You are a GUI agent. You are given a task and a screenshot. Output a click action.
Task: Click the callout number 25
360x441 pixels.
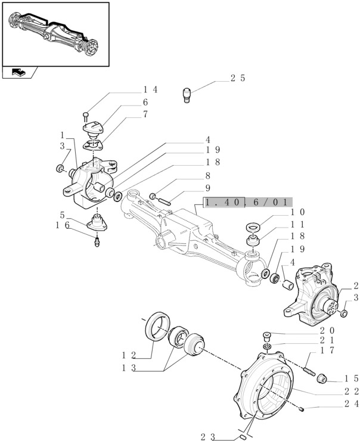pos(237,78)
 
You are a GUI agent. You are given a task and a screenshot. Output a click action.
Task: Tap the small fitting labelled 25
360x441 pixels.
pos(188,95)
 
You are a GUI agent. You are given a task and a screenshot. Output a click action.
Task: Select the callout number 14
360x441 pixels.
pos(150,89)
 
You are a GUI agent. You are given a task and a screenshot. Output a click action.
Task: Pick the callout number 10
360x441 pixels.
pos(298,212)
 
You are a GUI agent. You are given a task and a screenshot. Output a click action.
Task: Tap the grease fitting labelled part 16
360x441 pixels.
pos(97,241)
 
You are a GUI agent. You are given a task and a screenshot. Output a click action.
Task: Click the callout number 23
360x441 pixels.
pos(207,436)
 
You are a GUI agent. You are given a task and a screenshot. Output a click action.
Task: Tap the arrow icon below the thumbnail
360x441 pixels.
pos(18,73)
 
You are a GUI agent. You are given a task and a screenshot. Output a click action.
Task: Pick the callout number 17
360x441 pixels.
pos(327,350)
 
